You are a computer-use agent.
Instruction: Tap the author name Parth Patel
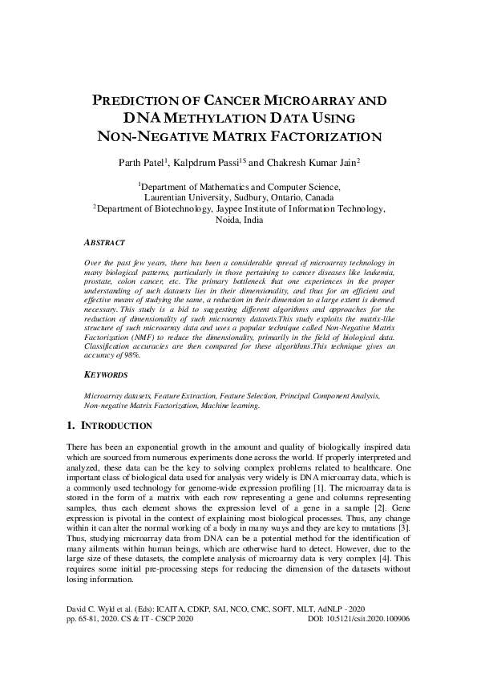[x=139, y=162]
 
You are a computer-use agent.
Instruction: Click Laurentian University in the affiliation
[x=183, y=196]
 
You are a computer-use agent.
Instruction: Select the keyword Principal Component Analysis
[x=329, y=396]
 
